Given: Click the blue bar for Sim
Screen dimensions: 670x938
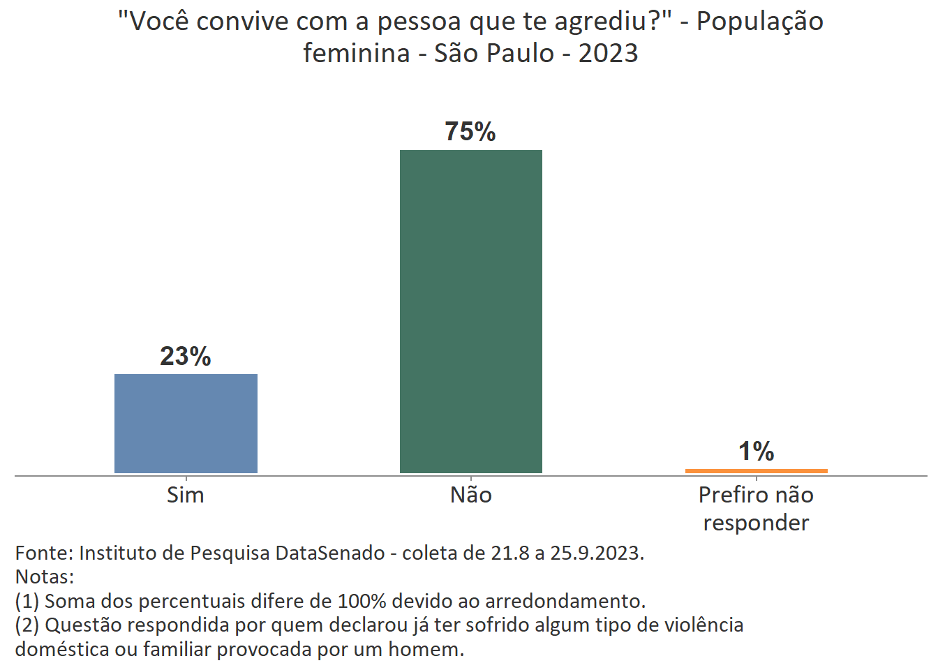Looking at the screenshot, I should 186,424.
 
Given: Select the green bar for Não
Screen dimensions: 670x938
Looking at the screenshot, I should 471,311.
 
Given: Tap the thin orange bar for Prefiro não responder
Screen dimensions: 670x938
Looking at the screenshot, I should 757,471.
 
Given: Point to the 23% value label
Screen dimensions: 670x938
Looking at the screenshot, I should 186,357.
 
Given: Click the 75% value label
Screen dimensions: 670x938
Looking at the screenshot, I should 470,132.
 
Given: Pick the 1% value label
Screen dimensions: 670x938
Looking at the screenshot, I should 757,452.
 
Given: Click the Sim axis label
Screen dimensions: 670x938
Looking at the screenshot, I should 186,495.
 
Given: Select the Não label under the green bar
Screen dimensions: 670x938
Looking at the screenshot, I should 471,495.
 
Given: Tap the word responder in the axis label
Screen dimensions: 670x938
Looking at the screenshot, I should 757,523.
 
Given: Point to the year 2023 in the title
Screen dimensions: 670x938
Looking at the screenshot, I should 608,53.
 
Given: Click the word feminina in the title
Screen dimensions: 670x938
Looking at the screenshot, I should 356,53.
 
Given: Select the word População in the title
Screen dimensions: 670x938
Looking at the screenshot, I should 760,22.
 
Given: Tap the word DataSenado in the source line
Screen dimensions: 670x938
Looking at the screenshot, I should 330,553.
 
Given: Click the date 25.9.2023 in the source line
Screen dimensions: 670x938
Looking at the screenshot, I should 597,553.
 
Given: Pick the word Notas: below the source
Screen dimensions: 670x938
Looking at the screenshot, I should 45,577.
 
